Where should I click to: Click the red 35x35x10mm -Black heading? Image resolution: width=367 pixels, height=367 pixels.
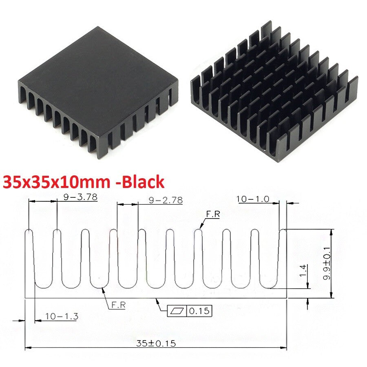tap(84, 182)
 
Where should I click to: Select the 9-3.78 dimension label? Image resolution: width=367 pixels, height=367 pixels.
tap(80, 198)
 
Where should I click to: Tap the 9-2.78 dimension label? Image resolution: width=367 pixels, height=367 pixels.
tap(166, 200)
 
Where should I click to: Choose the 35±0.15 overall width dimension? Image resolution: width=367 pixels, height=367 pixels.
tap(156, 343)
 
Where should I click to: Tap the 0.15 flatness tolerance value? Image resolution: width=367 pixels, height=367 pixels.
tap(199, 312)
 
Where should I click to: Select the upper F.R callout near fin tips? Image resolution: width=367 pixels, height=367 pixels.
tap(212, 214)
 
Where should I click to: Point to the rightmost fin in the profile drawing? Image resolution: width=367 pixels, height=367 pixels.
tap(282, 257)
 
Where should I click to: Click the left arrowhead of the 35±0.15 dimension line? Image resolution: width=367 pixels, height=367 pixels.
tap(28, 348)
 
